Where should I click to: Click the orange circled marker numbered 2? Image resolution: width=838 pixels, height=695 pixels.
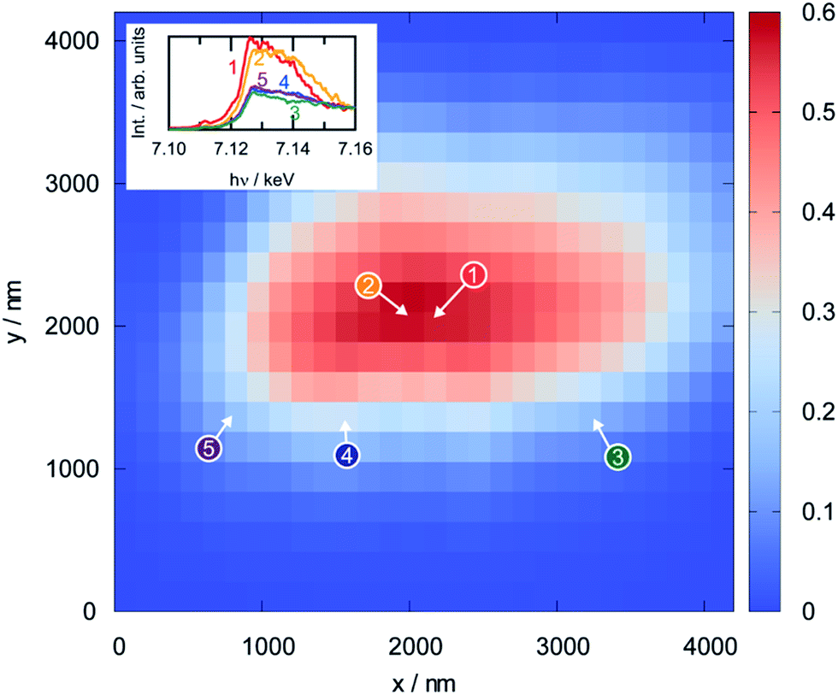[368, 287]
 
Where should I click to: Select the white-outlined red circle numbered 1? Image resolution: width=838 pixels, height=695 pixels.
[474, 274]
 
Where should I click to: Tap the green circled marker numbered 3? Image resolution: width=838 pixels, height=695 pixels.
[617, 458]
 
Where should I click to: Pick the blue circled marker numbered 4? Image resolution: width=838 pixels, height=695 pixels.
[346, 456]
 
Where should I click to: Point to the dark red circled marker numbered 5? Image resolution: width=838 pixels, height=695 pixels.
[209, 448]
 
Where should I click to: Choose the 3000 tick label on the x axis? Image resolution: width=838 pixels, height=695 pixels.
[558, 644]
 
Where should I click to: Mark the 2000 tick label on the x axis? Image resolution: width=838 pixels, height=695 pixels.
[410, 644]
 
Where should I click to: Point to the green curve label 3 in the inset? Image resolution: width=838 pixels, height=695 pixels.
[294, 113]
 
